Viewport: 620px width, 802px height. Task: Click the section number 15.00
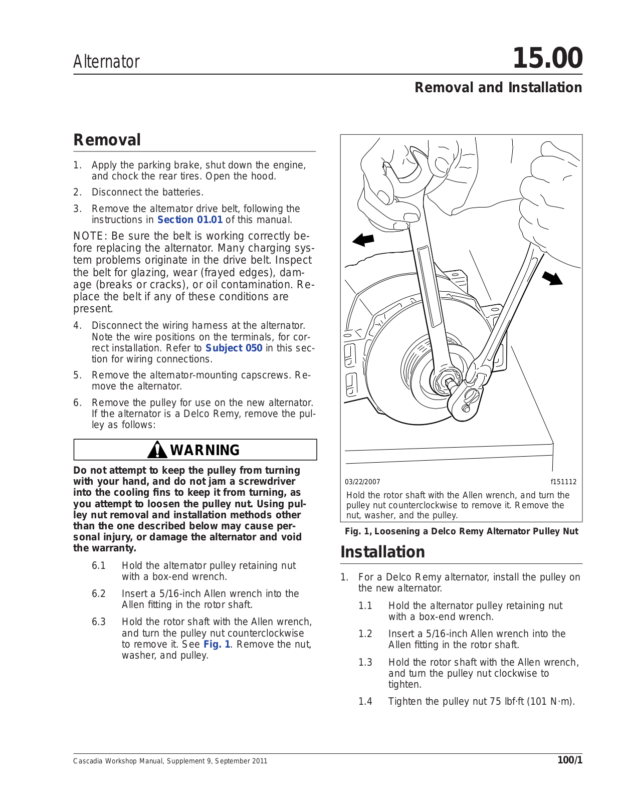pyautogui.click(x=547, y=58)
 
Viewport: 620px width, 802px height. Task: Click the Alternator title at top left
pyautogui.click(x=106, y=62)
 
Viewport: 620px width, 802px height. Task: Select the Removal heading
pyautogui.click(x=107, y=140)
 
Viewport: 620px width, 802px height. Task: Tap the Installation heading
pyautogui.click(x=382, y=552)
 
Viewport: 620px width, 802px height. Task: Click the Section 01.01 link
pyautogui.click(x=189, y=220)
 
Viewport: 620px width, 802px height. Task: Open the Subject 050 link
pyautogui.click(x=234, y=348)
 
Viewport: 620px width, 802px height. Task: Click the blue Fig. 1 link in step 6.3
pyautogui.click(x=217, y=644)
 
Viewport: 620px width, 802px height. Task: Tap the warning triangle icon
pyautogui.click(x=157, y=450)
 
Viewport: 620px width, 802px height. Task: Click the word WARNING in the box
pyautogui.click(x=205, y=450)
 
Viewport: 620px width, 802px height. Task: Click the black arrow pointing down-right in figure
pyautogui.click(x=552, y=277)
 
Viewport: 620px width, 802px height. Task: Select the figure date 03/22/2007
pyautogui.click(x=362, y=482)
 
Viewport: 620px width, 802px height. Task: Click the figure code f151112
pyautogui.click(x=563, y=482)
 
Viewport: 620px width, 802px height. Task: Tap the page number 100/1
pyautogui.click(x=570, y=760)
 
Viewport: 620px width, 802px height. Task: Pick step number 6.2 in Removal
pyautogui.click(x=99, y=593)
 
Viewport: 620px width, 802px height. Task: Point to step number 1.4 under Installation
pyautogui.click(x=365, y=701)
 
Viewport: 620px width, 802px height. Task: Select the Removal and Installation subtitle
pyautogui.click(x=498, y=88)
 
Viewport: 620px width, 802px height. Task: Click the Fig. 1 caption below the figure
pyautogui.click(x=461, y=531)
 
